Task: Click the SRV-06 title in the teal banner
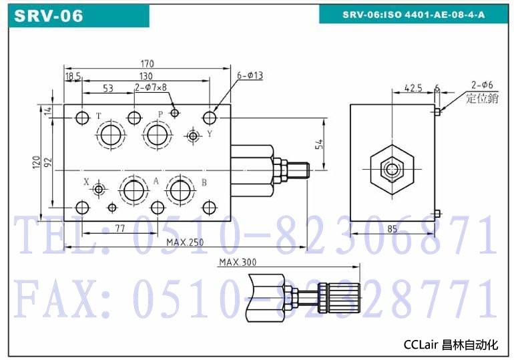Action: click(x=49, y=16)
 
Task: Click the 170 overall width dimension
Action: click(x=147, y=63)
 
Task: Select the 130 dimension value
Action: click(x=146, y=76)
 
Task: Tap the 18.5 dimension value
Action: click(x=73, y=76)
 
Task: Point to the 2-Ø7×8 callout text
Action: click(x=151, y=87)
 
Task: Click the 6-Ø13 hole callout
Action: click(x=250, y=75)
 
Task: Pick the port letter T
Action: click(x=99, y=116)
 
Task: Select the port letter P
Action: click(x=160, y=114)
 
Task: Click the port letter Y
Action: click(x=210, y=134)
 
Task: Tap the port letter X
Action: click(x=86, y=182)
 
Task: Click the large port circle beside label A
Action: click(x=134, y=190)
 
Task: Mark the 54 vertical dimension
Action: click(x=319, y=144)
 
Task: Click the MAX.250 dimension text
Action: click(x=185, y=242)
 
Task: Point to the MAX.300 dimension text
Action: click(x=238, y=262)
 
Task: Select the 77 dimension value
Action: click(x=120, y=228)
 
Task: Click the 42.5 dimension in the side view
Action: click(x=413, y=88)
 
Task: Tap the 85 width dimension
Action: click(x=392, y=228)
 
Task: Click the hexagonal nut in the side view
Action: click(x=392, y=170)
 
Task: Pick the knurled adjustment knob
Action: click(x=339, y=299)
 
